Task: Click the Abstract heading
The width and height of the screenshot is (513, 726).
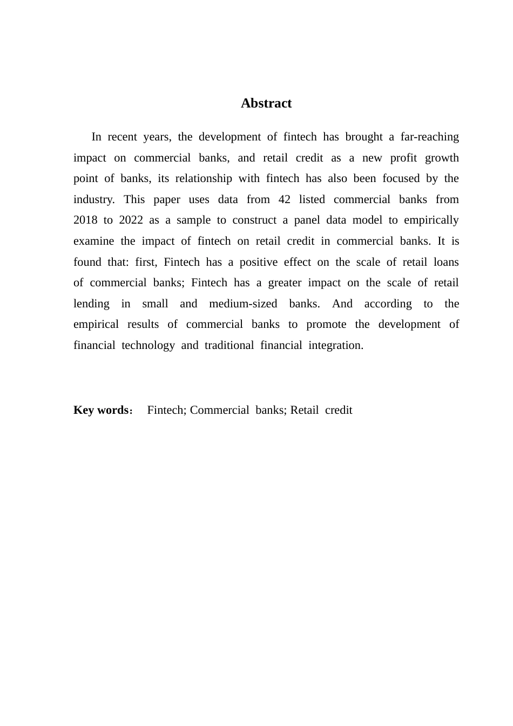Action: coord(266,103)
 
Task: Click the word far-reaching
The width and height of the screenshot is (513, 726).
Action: coord(430,137)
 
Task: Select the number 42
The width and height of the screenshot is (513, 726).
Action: coord(285,199)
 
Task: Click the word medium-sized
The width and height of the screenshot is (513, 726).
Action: coord(243,304)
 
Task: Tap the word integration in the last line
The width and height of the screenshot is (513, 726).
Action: coord(335,345)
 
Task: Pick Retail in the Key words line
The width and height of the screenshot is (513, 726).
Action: coord(305,410)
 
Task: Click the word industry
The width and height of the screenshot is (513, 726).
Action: coord(93,199)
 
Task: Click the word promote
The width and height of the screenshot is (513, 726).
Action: coord(326,324)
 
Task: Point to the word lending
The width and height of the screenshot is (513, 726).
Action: coord(91,304)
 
